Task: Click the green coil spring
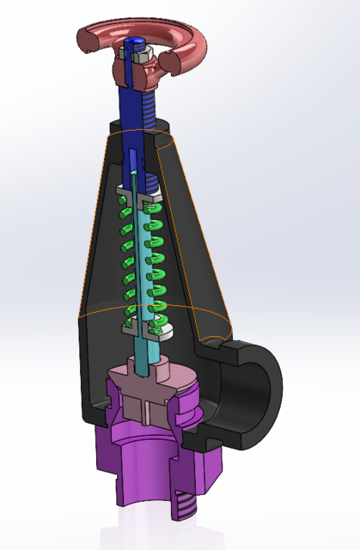click(156, 258)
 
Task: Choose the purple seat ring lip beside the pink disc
click(191, 404)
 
